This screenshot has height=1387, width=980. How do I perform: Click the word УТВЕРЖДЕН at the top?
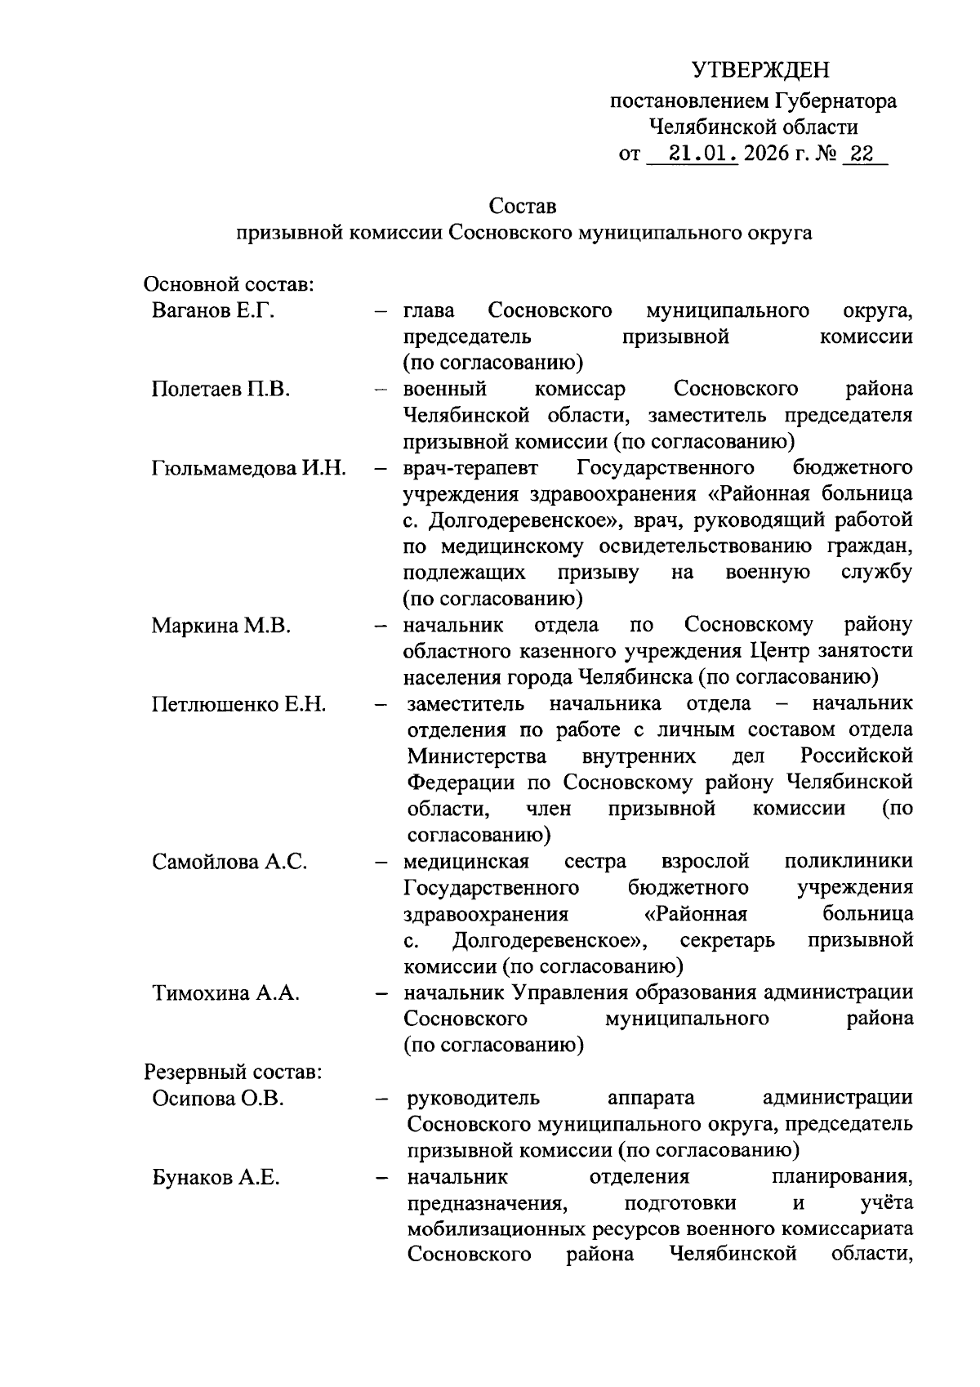point(760,69)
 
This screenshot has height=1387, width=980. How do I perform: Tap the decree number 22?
point(862,153)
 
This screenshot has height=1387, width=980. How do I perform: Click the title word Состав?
point(523,206)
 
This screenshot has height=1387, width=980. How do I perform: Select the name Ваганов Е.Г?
point(212,311)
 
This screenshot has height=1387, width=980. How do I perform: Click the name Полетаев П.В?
point(221,389)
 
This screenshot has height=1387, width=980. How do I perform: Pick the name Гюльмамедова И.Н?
point(249,468)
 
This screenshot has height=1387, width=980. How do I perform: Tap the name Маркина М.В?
point(220,626)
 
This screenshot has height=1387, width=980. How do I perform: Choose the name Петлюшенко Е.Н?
point(238,704)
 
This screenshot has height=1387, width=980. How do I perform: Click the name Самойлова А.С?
point(229,862)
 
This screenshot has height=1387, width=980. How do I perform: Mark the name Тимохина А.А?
point(225,993)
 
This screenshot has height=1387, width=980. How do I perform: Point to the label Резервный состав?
point(233,1072)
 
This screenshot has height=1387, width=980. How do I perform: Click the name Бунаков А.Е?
point(216,1177)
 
